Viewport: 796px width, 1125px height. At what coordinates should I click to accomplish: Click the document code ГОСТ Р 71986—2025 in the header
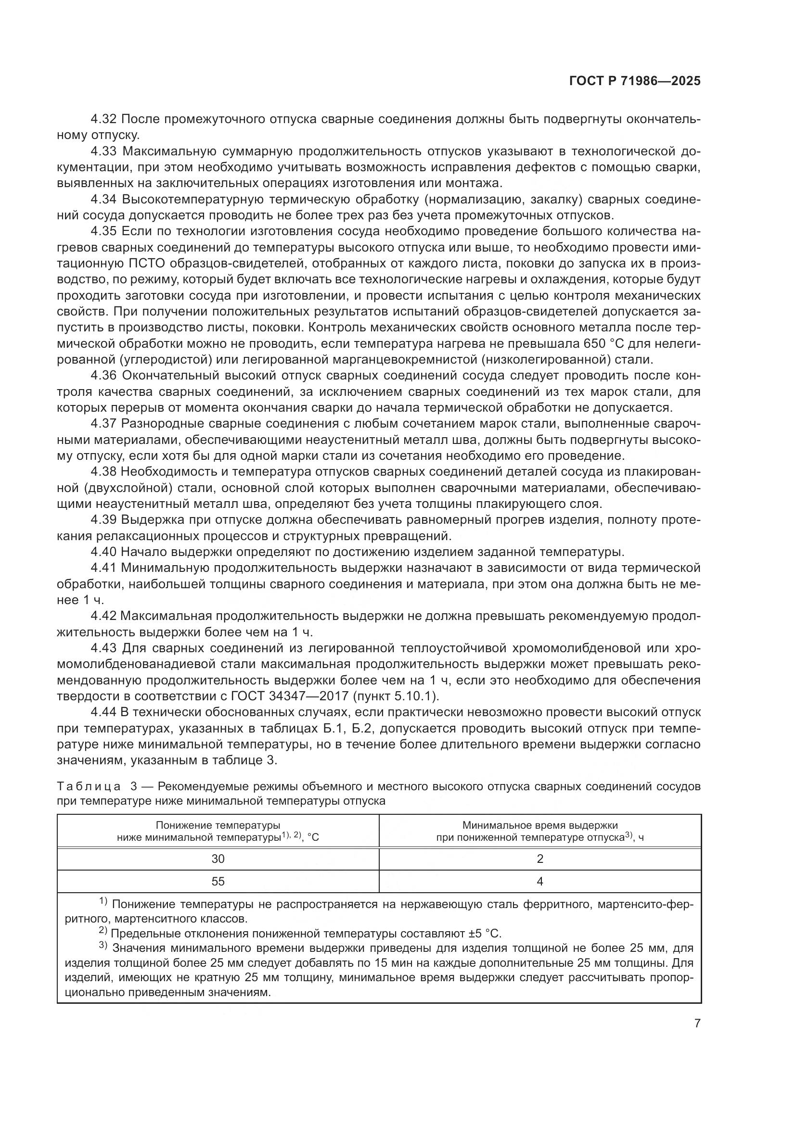[635, 81]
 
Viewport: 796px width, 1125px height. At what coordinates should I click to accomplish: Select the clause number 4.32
[103, 120]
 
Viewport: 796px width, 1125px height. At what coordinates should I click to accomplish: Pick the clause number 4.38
[103, 472]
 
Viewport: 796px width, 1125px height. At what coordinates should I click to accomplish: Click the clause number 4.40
[103, 552]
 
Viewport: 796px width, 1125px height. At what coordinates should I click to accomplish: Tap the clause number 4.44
[103, 712]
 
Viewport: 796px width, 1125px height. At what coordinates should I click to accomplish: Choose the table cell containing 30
[218, 859]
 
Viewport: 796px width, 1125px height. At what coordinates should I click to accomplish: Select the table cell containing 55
[218, 882]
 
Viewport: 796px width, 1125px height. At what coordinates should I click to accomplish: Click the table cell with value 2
[539, 859]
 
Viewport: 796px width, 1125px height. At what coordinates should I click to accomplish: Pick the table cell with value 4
[539, 882]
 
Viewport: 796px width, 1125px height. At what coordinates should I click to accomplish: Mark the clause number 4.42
[103, 616]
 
